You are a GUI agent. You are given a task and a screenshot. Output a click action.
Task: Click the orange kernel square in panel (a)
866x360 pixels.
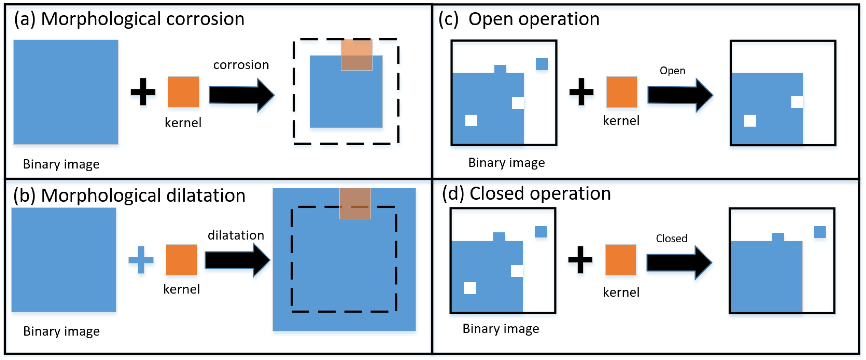coord(183,92)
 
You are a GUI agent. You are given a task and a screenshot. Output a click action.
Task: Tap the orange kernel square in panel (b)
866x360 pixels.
coord(181,260)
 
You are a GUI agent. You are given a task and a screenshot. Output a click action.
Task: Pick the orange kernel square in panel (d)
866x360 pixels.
coord(621,260)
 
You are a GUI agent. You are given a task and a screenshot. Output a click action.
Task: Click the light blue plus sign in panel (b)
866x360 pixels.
coord(141,260)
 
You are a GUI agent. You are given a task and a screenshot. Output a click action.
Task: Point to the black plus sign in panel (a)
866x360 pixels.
coord(143,92)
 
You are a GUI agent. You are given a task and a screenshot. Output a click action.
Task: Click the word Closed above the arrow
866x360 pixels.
coord(671,238)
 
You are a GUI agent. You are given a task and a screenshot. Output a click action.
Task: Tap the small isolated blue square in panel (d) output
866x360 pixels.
coord(819,232)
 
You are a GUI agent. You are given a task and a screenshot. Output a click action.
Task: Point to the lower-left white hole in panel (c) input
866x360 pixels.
coord(471,120)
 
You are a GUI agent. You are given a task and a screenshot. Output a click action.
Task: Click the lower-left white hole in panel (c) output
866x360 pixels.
coord(750,120)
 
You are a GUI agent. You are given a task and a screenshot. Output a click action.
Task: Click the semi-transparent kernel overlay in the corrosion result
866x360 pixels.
coord(356,55)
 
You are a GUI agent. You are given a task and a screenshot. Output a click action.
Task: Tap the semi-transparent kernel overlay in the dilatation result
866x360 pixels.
coord(355,203)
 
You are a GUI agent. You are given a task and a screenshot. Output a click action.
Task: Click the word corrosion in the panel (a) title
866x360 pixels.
coord(205,19)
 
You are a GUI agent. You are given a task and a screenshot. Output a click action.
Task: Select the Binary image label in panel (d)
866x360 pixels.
coord(501,328)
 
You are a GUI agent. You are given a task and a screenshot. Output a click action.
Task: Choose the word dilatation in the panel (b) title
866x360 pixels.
coord(206,195)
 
